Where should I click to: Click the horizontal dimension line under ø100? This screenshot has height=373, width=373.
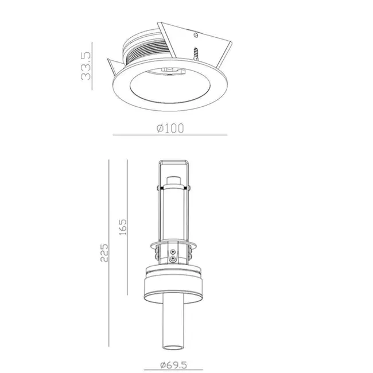pyautogui.click(x=170, y=135)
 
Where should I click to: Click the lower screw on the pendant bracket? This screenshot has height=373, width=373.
pyautogui.click(x=173, y=259)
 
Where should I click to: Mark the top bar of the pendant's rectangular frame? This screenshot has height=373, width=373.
pyautogui.click(x=173, y=161)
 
